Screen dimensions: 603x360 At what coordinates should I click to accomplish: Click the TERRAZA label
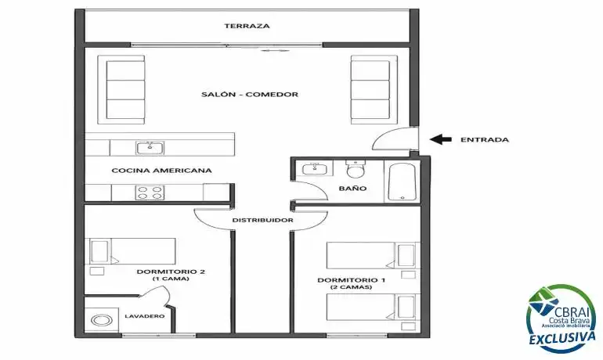[247, 26]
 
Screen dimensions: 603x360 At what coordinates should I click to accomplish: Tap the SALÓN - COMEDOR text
[250, 94]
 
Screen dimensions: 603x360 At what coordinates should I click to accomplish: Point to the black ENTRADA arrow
[441, 139]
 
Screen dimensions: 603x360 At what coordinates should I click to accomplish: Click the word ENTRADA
[485, 140]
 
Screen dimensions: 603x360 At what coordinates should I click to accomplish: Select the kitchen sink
[150, 148]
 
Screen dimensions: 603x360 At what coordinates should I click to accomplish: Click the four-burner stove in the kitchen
[150, 193]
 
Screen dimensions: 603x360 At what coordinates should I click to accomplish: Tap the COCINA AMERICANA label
[161, 170]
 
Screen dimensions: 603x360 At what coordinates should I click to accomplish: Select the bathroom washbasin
[317, 168]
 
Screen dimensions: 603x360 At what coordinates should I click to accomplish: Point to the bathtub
[402, 182]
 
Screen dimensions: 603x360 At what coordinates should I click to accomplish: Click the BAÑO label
[352, 189]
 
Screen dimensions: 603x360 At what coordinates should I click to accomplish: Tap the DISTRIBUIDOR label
[262, 220]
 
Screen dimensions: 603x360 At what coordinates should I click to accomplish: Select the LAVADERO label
[145, 316]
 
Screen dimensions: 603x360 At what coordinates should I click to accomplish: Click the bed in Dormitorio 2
[132, 251]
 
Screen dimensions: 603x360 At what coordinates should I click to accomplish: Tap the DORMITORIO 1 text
[351, 280]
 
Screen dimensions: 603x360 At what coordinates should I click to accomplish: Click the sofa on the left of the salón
[121, 89]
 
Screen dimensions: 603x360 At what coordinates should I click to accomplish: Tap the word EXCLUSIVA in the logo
[562, 338]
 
